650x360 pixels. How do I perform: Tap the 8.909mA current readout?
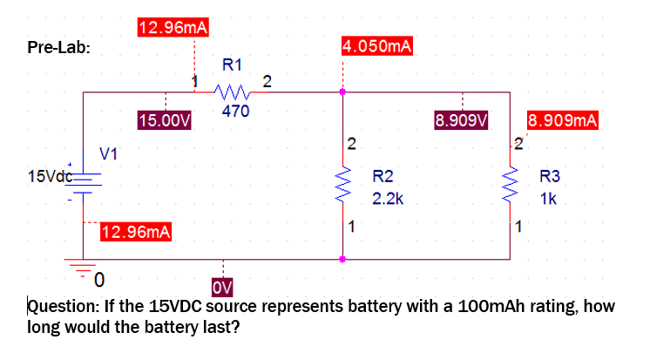pos(563,119)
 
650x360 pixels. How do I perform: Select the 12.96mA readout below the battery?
pos(136,232)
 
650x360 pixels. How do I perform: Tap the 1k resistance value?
pos(548,199)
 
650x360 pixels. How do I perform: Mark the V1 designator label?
pos(108,154)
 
